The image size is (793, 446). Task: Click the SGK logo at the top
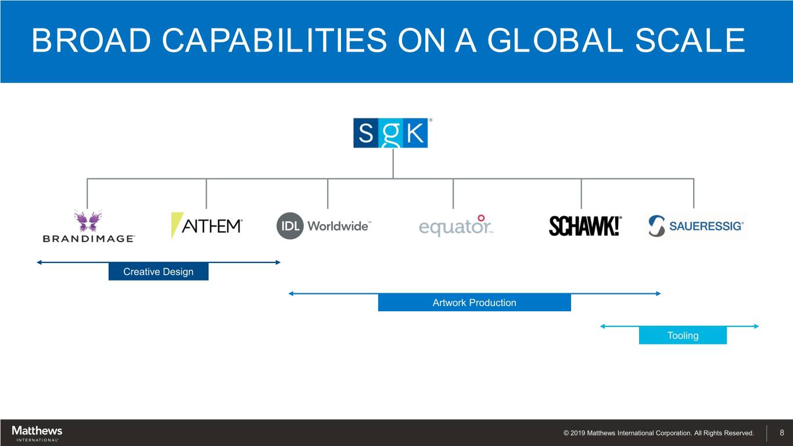click(390, 133)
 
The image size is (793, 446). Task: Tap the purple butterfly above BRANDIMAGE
click(88, 221)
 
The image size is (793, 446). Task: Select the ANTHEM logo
click(207, 225)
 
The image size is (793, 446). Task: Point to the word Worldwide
click(338, 226)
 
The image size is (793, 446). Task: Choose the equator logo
click(455, 226)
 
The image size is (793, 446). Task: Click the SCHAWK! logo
click(584, 225)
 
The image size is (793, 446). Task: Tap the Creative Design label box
click(158, 272)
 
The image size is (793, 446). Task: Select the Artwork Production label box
click(474, 303)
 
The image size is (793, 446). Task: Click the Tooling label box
click(683, 336)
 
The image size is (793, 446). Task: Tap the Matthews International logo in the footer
click(37, 433)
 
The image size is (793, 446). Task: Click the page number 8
click(782, 433)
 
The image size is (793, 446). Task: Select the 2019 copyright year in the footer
click(577, 433)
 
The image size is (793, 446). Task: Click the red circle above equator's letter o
click(481, 218)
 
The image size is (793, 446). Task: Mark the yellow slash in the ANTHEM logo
click(176, 225)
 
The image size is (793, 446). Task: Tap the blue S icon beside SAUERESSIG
click(656, 226)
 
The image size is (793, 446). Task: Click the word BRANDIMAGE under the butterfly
click(88, 239)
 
